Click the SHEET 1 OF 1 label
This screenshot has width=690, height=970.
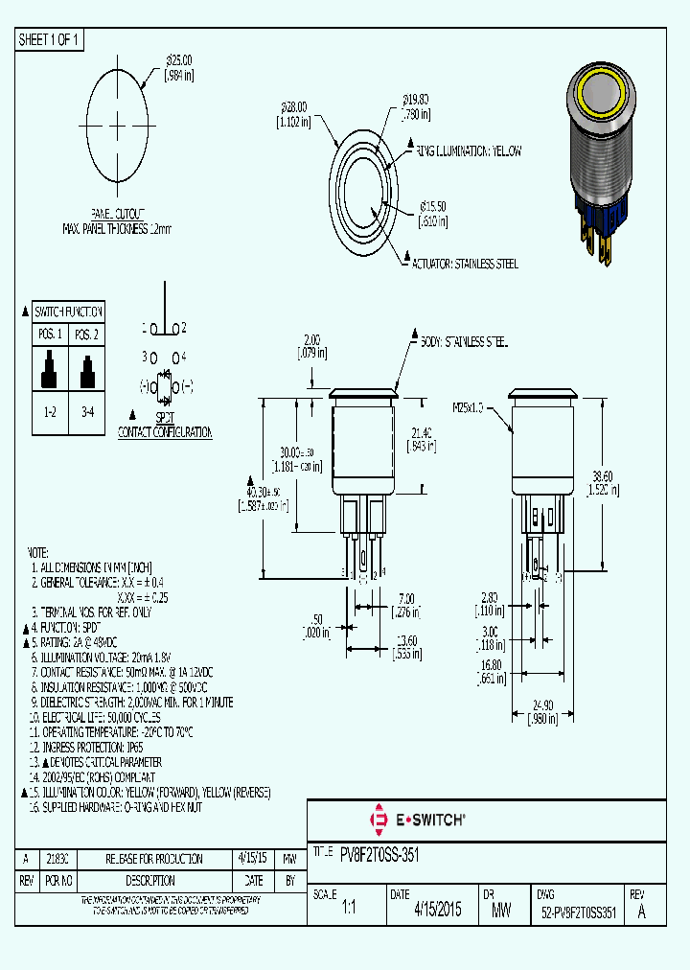click(51, 39)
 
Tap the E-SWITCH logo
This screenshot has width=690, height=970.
click(418, 820)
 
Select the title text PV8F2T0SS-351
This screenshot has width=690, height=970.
click(379, 853)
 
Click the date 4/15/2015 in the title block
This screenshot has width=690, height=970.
click(438, 911)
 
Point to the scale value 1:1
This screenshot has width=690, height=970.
click(349, 912)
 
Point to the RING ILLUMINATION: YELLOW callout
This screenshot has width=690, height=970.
click(469, 151)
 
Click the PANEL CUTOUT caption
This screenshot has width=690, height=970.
click(119, 213)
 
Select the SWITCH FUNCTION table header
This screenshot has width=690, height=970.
click(68, 312)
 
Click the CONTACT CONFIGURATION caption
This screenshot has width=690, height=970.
click(164, 432)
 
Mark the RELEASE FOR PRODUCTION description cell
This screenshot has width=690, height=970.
click(153, 859)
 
